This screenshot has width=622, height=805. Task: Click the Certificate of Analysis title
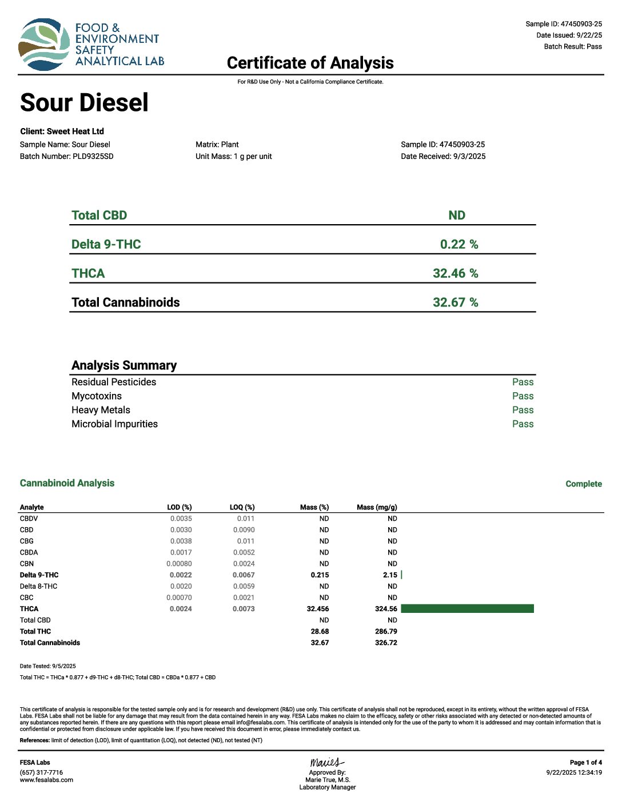310,63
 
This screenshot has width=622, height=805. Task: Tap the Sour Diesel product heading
84,103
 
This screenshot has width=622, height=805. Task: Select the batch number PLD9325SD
93,156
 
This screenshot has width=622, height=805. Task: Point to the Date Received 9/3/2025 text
443,156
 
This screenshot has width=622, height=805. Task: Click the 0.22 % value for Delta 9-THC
458,244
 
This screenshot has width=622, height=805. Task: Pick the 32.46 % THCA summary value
455,273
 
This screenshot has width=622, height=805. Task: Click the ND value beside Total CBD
457,216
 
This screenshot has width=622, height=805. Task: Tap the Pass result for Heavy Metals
523,410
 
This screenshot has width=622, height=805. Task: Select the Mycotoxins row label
97,396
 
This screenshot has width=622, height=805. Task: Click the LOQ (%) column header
242,507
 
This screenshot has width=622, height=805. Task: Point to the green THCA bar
467,609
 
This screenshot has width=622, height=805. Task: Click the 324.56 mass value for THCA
386,609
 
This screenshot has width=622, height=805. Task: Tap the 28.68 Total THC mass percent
320,631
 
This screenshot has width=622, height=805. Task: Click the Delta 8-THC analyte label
38,586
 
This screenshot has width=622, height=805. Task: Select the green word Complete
583,484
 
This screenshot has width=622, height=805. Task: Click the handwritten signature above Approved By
327,762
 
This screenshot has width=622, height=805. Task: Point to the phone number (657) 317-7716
41,772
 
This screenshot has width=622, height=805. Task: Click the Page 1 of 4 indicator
585,762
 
